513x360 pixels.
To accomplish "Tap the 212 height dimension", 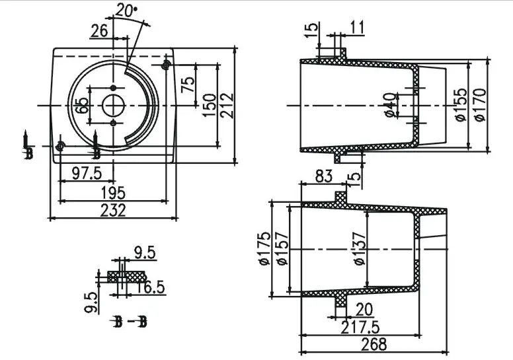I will point(227,105).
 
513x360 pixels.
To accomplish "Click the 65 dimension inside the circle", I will point(82,106).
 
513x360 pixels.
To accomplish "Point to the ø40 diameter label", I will point(390,105).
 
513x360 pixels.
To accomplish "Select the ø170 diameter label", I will point(479,105).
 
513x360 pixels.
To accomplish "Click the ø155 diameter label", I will point(461,105).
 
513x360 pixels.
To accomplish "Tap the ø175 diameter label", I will point(264,248).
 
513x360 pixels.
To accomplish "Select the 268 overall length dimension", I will point(374,345).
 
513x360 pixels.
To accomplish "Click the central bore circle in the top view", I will point(113,105).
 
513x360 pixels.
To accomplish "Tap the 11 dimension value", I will point(356,27).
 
